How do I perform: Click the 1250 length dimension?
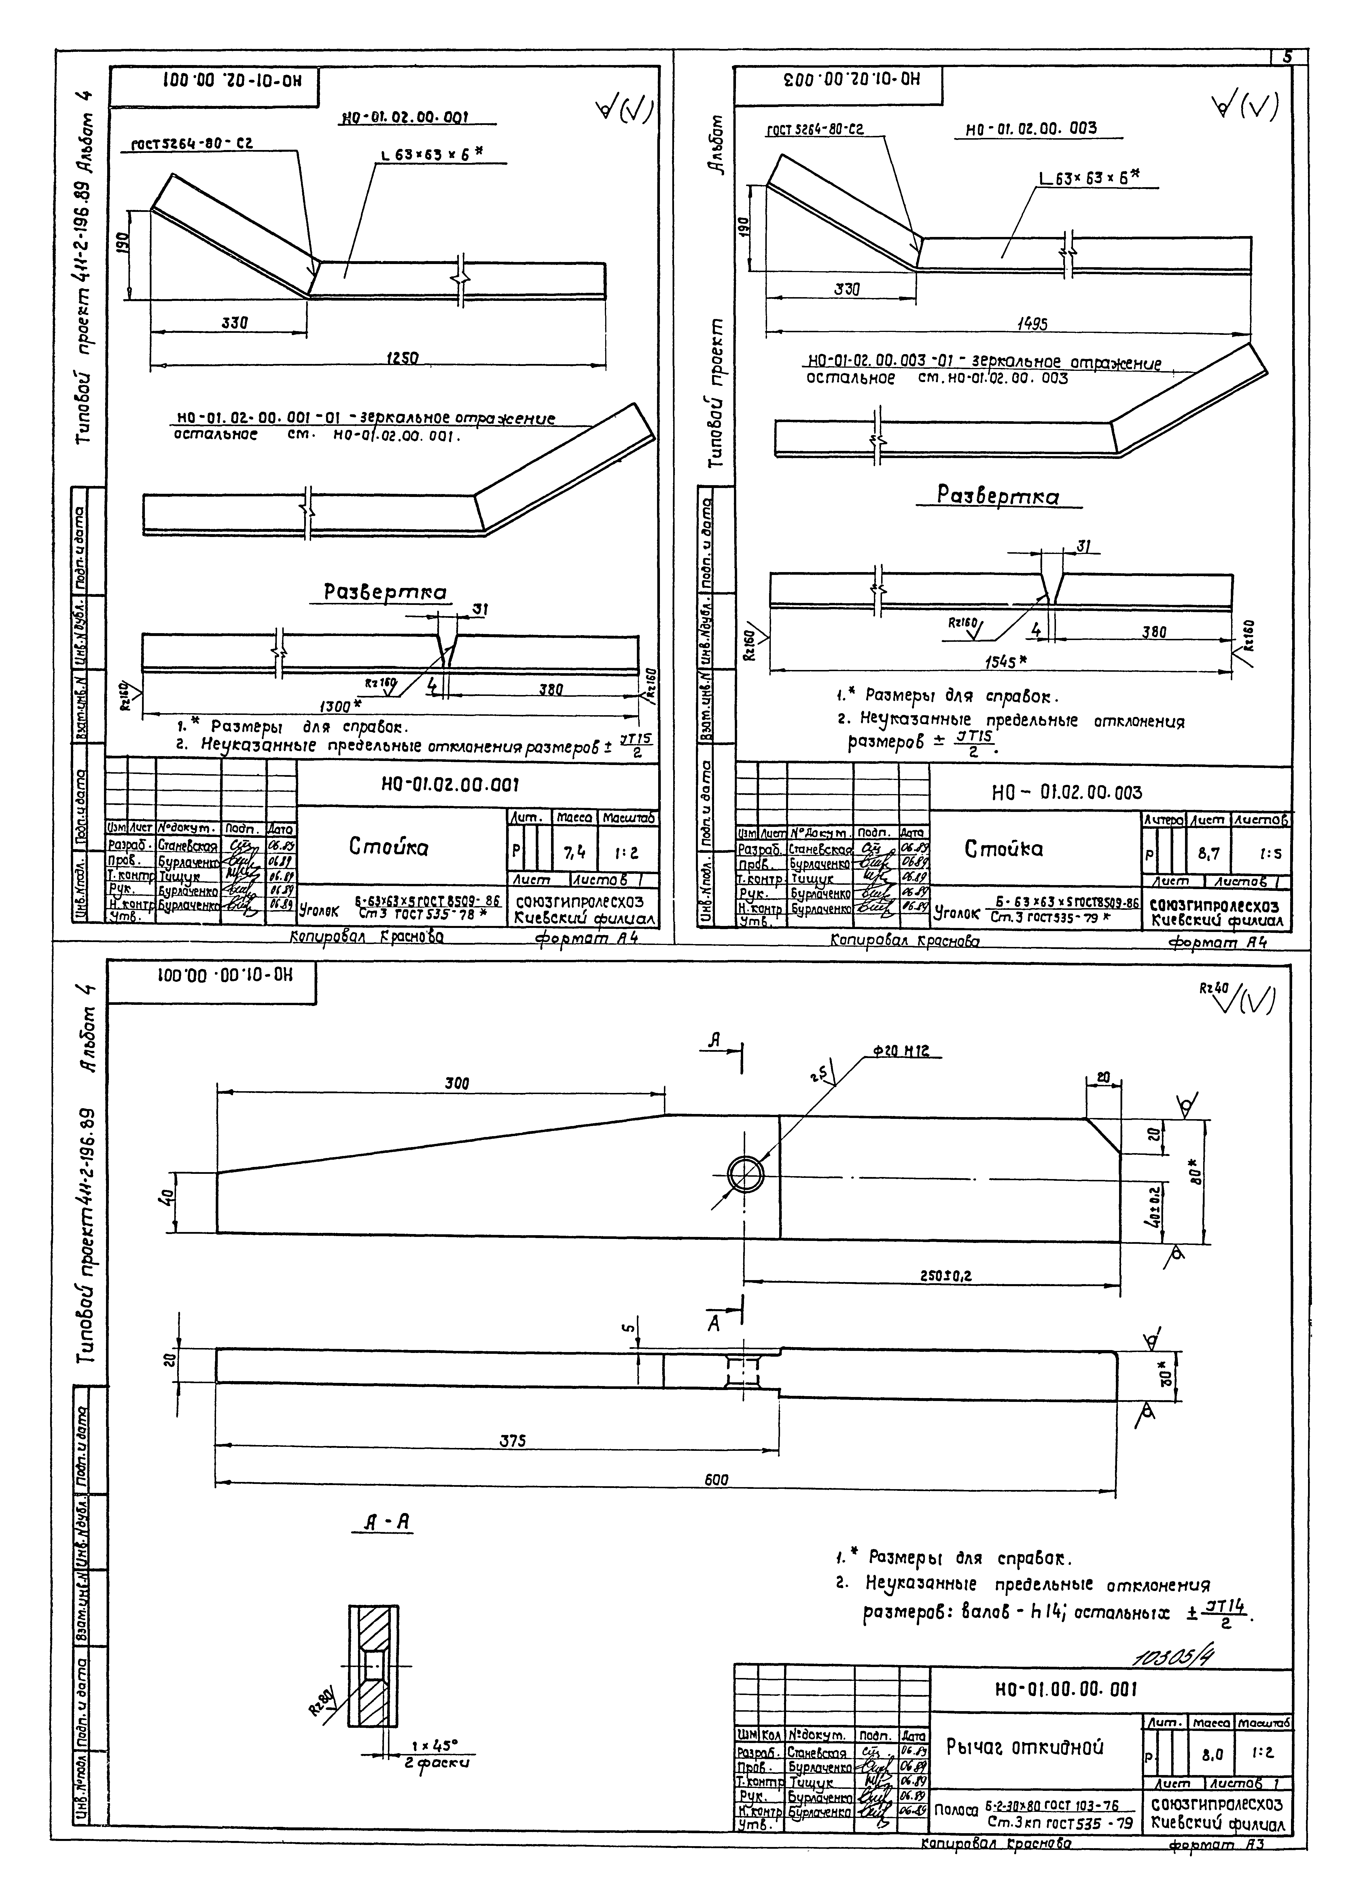coord(402,358)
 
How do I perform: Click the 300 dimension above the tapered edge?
coord(457,1083)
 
